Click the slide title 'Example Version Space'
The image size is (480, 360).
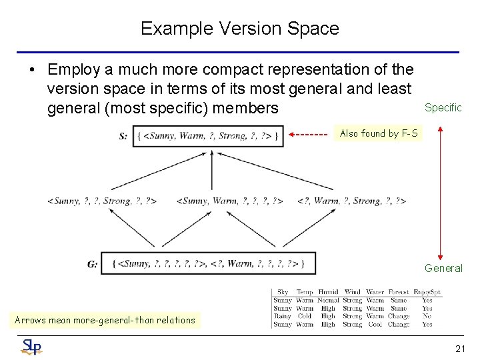[240, 29]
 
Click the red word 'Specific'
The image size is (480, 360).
[443, 108]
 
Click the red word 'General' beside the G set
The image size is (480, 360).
[443, 268]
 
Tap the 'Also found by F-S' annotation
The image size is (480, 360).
[379, 133]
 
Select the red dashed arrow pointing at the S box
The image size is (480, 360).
[311, 133]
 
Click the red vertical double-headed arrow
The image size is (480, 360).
[439, 193]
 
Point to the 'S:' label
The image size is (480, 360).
[123, 136]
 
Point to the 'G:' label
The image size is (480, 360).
[92, 264]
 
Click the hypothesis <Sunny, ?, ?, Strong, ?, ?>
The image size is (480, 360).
[102, 201]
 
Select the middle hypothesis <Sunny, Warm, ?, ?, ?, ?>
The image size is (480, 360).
[230, 201]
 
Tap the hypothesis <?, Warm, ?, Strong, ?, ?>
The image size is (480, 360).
[351, 201]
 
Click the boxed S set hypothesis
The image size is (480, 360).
[208, 136]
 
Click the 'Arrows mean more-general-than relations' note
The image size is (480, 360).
[105, 320]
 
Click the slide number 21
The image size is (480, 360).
[460, 348]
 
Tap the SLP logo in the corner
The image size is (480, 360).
[31, 346]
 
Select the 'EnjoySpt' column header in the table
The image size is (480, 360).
[427, 292]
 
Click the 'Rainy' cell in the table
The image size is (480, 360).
[282, 317]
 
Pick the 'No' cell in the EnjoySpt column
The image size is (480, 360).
[427, 317]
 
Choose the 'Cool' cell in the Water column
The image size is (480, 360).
[375, 325]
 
